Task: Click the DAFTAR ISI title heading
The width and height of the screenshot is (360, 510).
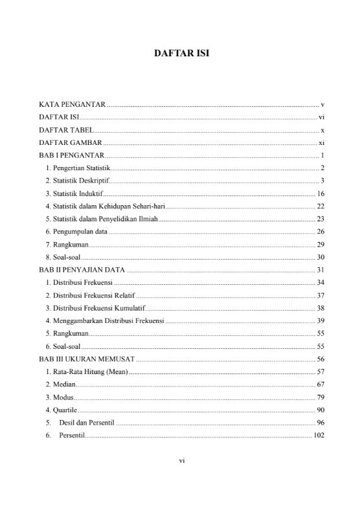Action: (x=180, y=55)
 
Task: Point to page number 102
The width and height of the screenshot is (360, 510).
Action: (x=318, y=436)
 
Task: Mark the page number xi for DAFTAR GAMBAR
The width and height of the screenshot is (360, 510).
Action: (x=321, y=142)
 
